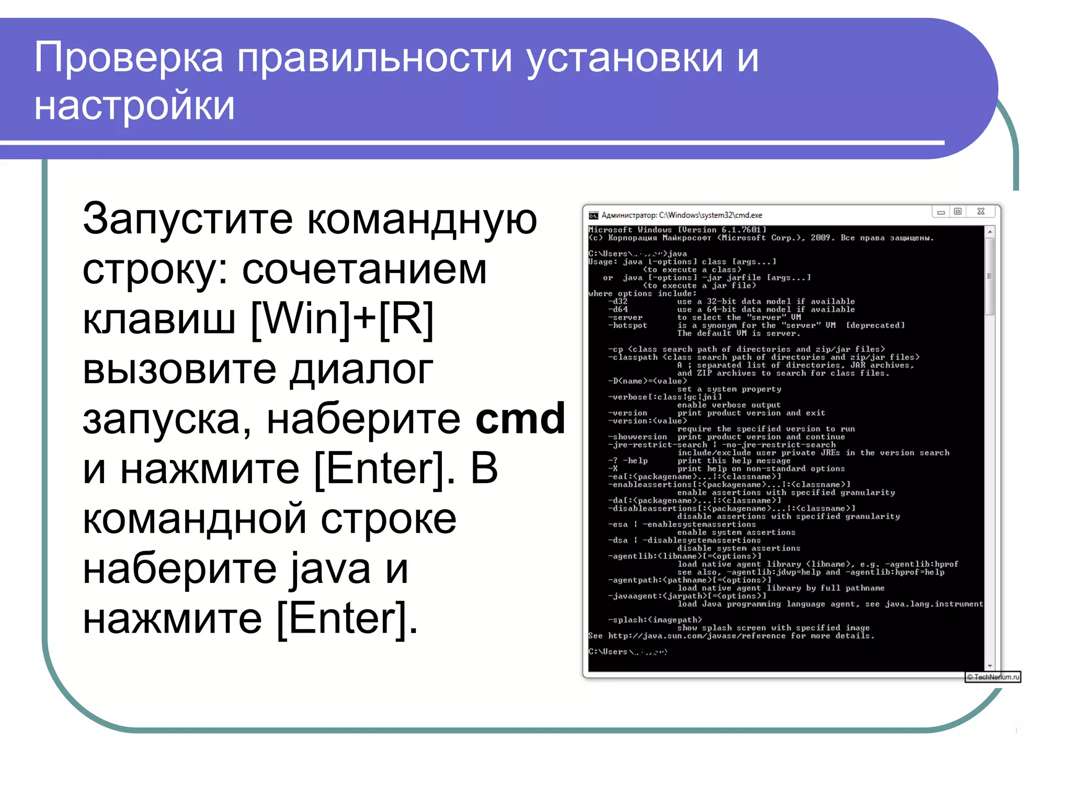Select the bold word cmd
pos(520,419)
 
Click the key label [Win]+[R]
pos(343,319)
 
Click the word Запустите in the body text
pos(188,220)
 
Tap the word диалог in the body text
pos(361,369)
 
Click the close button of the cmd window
pos(981,212)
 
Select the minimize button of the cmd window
pos(941,212)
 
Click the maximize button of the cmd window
pos(958,212)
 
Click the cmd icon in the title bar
pos(593,215)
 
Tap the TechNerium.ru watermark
pos(993,677)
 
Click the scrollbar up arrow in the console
pos(989,231)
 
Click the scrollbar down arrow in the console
pos(989,666)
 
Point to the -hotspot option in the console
pos(628,326)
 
